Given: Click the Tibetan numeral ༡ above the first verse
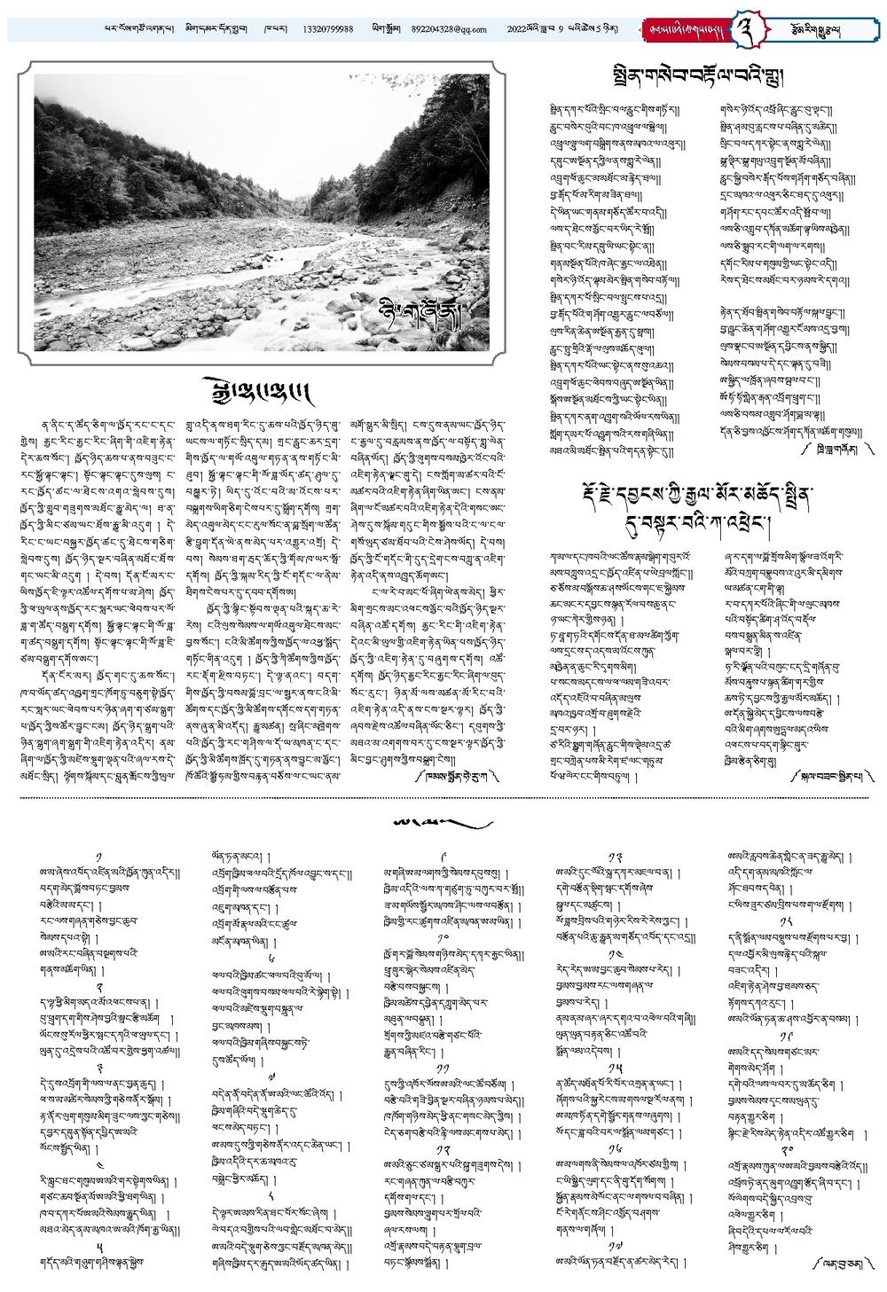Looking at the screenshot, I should point(98,852).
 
